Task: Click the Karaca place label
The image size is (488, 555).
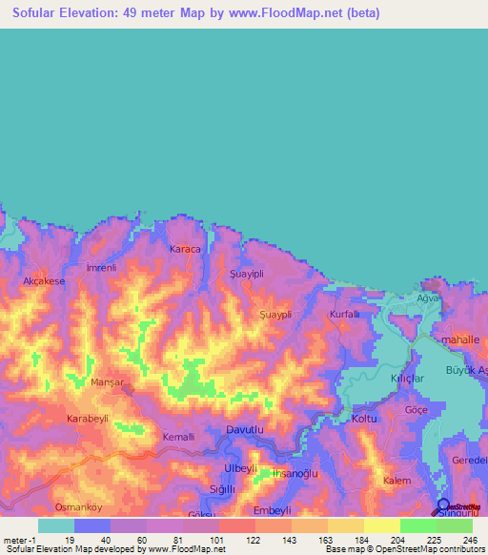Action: coord(185,249)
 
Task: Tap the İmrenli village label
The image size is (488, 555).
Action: coord(100,268)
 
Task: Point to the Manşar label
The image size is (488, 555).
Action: coord(107,381)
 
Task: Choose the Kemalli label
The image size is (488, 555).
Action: coord(178,436)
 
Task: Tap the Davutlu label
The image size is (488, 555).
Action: coord(245,431)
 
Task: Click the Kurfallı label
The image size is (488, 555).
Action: coord(344,314)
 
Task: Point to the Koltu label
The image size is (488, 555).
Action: coord(365,419)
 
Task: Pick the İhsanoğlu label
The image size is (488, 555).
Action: coord(294,473)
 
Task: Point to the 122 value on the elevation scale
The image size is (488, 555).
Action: coord(254,539)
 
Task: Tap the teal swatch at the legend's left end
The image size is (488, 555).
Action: coord(56,525)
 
